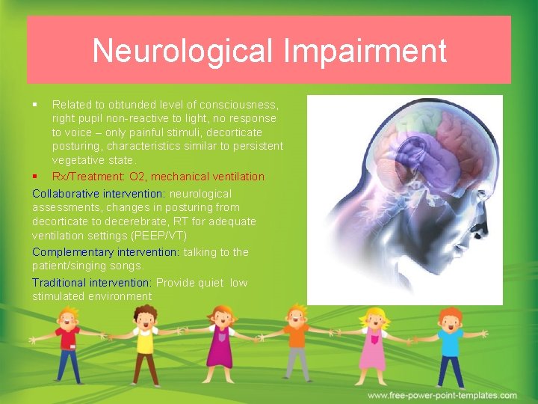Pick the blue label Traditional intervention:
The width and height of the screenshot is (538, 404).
coord(91,283)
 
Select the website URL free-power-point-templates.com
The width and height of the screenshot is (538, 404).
coord(442,395)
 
